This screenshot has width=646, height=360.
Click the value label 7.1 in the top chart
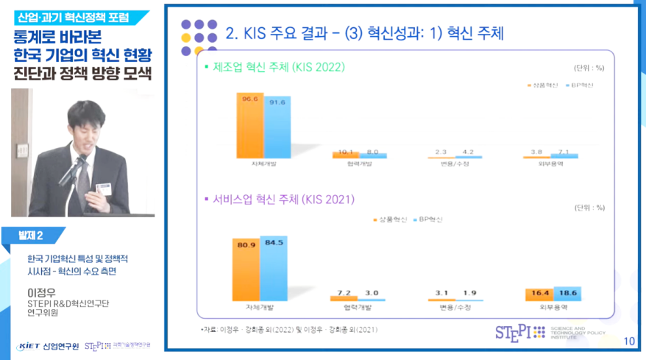click(x=565, y=152)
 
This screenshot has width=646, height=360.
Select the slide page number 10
click(x=628, y=341)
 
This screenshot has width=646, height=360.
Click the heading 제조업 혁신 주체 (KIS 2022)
click(x=279, y=67)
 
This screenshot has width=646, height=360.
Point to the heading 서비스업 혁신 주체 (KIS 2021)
click(x=284, y=200)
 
